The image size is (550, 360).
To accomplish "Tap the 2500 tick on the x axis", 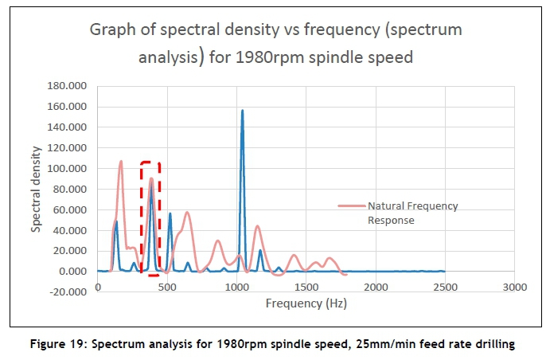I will click(x=445, y=286).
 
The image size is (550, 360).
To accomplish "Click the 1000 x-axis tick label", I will click(x=236, y=286).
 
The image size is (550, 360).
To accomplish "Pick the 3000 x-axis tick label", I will click(x=514, y=286).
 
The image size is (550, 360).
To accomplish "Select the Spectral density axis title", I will click(x=37, y=189).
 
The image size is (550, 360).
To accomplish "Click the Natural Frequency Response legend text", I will click(x=412, y=213).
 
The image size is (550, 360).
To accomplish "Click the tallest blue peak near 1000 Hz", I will click(x=242, y=111).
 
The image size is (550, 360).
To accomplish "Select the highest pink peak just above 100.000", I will click(x=121, y=162).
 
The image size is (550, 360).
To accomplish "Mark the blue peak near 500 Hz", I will click(x=170, y=213).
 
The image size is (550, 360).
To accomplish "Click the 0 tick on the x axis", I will click(x=97, y=286).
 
